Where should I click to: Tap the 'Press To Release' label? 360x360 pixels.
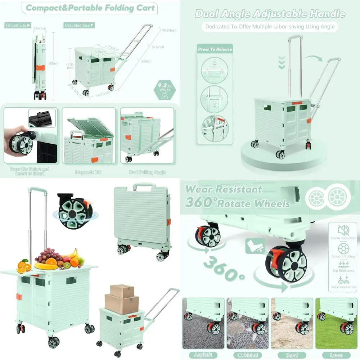click(x=215, y=49)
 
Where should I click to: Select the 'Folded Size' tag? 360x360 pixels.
click(x=18, y=25)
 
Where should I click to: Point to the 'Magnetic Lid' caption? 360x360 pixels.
click(x=88, y=172)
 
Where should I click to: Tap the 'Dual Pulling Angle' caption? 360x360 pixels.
click(x=148, y=172)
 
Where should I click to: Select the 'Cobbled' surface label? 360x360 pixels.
click(x=248, y=355)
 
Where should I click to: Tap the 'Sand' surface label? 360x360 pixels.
click(x=292, y=355)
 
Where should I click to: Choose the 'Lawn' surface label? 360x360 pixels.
click(x=336, y=355)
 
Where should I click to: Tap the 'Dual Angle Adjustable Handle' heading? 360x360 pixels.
click(x=270, y=14)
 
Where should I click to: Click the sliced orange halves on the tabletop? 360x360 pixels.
click(x=24, y=266)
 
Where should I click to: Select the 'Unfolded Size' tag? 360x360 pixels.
click(x=78, y=25)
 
